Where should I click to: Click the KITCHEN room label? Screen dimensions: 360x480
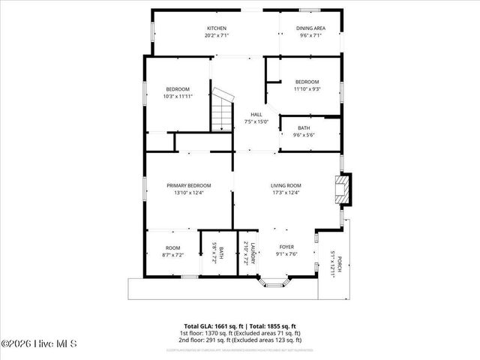pyautogui.click(x=217, y=28)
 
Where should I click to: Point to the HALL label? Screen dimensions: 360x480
pyautogui.click(x=256, y=114)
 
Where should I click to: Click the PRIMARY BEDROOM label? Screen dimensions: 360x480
pyautogui.click(x=188, y=185)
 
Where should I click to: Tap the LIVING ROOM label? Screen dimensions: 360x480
pyautogui.click(x=286, y=185)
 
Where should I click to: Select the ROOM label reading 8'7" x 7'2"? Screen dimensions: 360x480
pyautogui.click(x=173, y=250)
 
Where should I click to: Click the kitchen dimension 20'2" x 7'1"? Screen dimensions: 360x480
pyautogui.click(x=217, y=35)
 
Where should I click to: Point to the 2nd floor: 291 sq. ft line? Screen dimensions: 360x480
pyautogui.click(x=239, y=339)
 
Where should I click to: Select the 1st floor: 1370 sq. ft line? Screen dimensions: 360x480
pyautogui.click(x=239, y=333)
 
